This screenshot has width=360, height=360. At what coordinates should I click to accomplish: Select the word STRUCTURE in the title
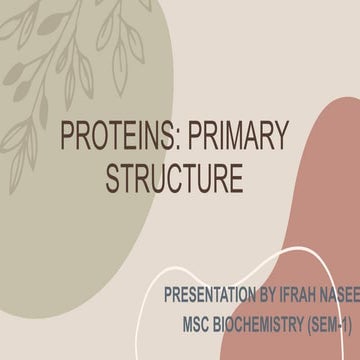point(173,179)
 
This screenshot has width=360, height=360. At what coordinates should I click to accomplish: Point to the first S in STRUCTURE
point(113,179)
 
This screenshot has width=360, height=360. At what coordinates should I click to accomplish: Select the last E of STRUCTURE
point(235,179)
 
